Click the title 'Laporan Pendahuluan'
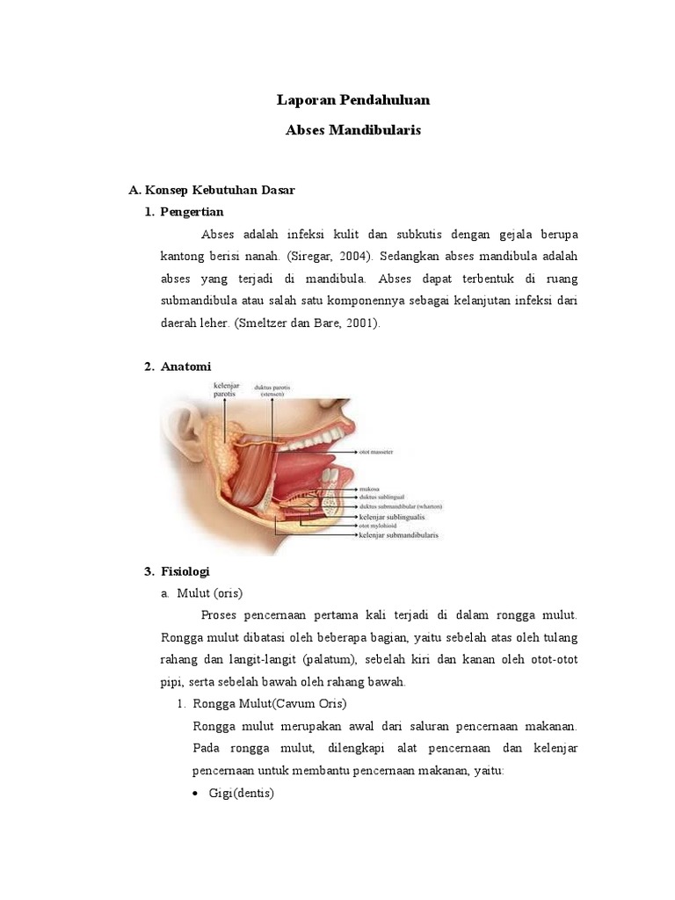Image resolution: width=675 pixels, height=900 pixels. pos(353,100)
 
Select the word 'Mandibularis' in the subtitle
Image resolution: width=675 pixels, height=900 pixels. pos(381,129)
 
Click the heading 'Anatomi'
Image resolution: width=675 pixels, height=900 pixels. pos(185,366)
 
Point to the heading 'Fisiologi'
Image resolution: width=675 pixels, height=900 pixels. pos(185,571)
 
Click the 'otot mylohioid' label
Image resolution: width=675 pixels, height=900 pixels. pos(381,526)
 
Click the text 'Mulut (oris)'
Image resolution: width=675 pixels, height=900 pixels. pos(209,592)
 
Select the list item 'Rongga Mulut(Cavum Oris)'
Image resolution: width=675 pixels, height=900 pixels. pos(268,704)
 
